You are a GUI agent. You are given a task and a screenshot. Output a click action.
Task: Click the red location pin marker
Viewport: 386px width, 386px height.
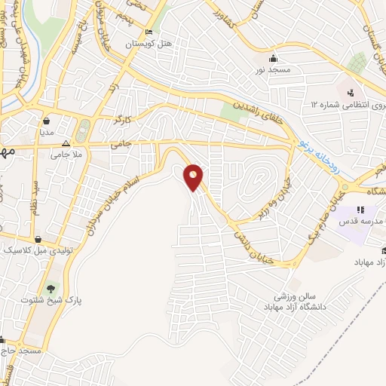tap(195, 177)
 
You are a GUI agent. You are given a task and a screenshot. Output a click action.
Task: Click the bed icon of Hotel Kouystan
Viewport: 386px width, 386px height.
tap(149, 32)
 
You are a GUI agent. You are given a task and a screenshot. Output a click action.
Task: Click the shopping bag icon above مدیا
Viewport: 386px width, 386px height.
tap(47, 119)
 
